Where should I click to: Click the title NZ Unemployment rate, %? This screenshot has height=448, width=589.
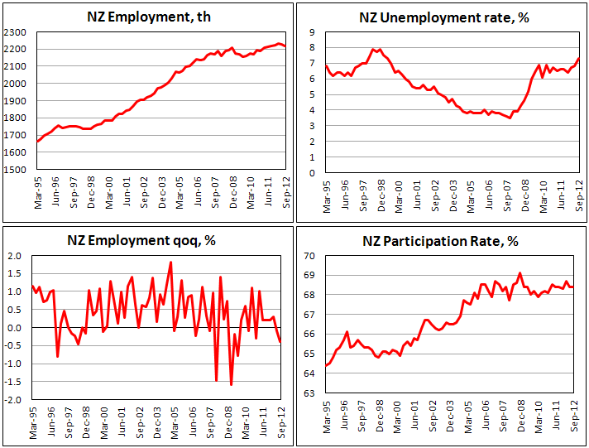[444, 16]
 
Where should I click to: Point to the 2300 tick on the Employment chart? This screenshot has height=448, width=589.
[14, 31]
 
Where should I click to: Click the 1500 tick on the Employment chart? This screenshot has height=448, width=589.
[14, 169]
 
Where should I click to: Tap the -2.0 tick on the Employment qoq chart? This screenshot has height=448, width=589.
[15, 400]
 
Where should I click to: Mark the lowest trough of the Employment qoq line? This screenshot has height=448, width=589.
[231, 385]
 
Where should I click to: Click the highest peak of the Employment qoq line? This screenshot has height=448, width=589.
[170, 263]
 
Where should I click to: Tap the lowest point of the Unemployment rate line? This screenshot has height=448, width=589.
[510, 118]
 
